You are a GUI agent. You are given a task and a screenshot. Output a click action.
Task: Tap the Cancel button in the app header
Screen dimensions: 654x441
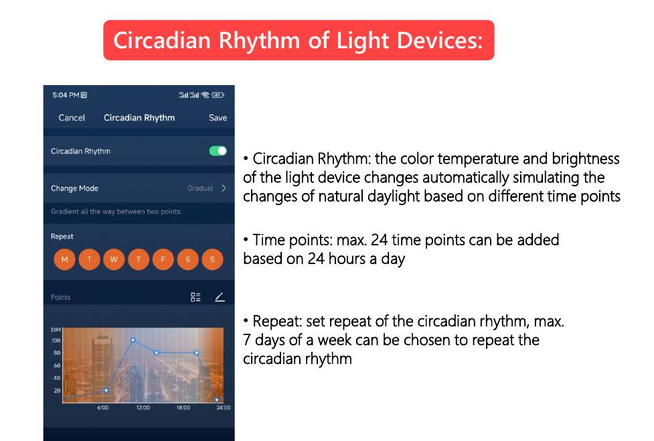click(x=72, y=118)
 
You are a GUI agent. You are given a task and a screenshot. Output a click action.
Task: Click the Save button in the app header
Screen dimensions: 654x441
click(x=218, y=118)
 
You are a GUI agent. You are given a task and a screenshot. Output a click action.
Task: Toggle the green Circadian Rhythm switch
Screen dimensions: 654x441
click(x=218, y=151)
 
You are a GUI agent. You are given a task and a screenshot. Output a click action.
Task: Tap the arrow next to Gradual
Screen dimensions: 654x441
click(x=224, y=188)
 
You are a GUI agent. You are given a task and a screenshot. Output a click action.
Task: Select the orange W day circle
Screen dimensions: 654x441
click(x=114, y=259)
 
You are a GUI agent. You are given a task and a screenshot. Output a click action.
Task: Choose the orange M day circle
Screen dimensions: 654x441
click(x=64, y=259)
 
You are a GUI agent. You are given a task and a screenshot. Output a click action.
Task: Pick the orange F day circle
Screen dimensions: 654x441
click(x=163, y=259)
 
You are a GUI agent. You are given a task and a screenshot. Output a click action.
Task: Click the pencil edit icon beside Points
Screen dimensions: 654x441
click(x=220, y=297)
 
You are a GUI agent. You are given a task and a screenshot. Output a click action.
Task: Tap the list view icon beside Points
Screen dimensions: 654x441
click(x=195, y=297)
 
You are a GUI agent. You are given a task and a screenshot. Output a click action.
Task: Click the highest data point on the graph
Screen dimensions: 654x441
click(x=133, y=340)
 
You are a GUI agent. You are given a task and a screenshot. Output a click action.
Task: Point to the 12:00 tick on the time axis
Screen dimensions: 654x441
click(x=143, y=407)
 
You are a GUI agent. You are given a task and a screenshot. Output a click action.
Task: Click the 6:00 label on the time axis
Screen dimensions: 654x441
click(x=103, y=407)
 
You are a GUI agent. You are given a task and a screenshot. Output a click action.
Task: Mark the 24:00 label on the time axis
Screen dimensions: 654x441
click(x=223, y=407)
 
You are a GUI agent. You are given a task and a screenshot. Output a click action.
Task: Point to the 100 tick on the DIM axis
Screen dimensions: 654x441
click(x=56, y=340)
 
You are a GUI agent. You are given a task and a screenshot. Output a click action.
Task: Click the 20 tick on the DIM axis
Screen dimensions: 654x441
click(x=57, y=391)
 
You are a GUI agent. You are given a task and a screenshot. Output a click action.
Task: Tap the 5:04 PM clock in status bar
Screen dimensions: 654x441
click(x=66, y=95)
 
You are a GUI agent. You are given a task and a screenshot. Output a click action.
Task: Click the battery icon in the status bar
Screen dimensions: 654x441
click(x=218, y=95)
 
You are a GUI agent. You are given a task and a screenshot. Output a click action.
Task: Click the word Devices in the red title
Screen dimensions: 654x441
click(x=440, y=40)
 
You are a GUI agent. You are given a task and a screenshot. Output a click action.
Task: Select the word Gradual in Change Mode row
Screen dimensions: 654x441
click(x=199, y=188)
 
